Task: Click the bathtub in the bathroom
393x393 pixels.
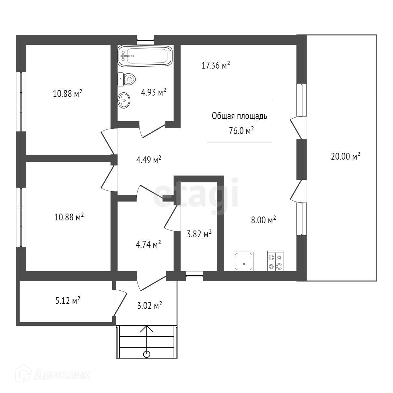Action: point(145,56)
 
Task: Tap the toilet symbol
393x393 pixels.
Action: point(127,79)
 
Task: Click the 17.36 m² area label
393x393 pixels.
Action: point(216,65)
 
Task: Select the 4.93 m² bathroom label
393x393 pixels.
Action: point(153,92)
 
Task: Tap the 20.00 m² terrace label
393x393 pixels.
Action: point(345,156)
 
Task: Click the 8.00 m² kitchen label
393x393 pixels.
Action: point(263,220)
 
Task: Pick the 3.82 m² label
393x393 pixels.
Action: point(199,234)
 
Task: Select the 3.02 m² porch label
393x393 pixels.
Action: point(150,306)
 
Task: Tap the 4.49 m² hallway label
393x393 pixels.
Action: point(149,160)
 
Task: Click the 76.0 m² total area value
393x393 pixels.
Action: point(241,131)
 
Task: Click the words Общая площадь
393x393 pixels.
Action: point(239,116)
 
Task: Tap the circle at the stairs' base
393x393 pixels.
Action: point(147,354)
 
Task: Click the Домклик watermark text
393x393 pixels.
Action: point(61,374)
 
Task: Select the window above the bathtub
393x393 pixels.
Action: point(145,39)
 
